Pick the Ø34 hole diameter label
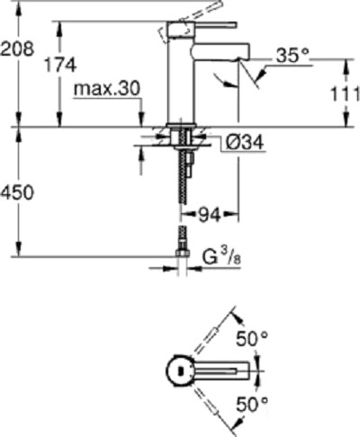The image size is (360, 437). coord(238,142)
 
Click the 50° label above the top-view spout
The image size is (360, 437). coord(254,338)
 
